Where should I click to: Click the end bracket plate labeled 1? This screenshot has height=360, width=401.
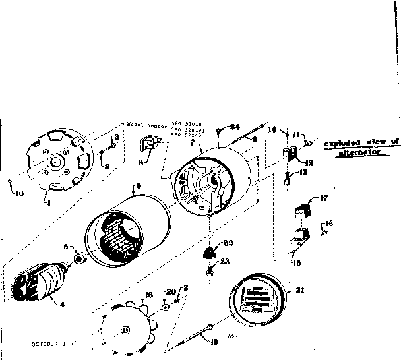coord(58,161)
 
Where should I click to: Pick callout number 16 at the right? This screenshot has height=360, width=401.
coord(329,224)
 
